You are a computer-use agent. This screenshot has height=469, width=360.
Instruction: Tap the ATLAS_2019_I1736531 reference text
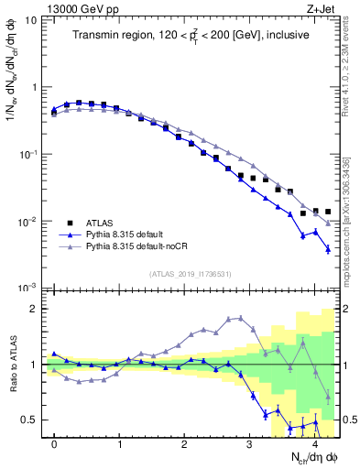pyautogui.click(x=190, y=274)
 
